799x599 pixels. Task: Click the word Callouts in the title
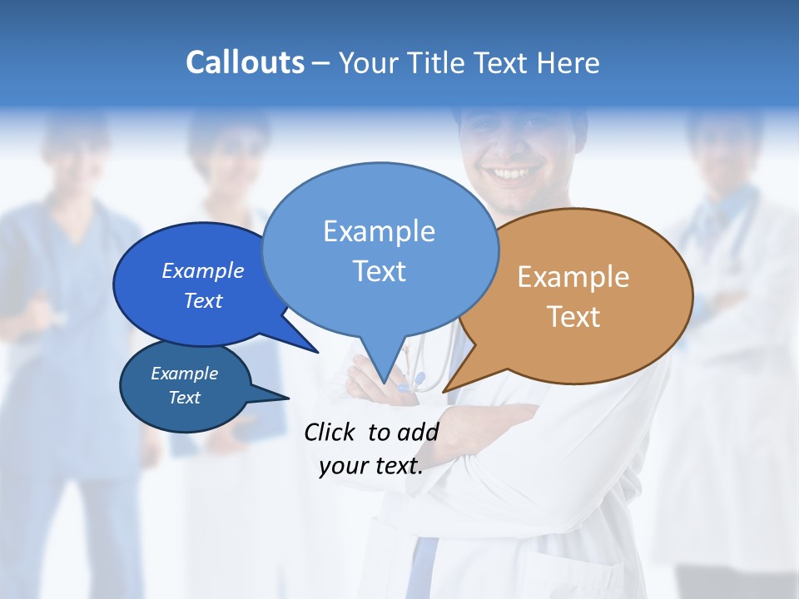pos(245,62)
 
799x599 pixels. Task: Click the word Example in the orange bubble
pos(573,277)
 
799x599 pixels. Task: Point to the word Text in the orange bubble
pos(573,317)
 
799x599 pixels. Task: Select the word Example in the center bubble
pos(379,230)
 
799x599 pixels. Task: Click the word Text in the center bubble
pos(379,271)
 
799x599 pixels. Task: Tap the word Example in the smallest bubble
pos(184,374)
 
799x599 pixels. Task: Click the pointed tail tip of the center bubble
pos(384,382)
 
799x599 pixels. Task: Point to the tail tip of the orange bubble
pos(444,390)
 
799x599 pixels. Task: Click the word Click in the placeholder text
pos(330,432)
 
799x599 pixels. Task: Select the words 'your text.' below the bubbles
pos(370,466)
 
